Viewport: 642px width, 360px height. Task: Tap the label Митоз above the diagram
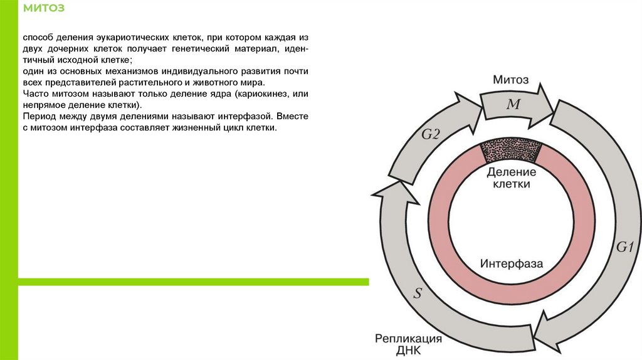pyautogui.click(x=510, y=80)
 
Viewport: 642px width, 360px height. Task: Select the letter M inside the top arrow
pyautogui.click(x=513, y=105)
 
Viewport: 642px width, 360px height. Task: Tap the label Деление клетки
pyautogui.click(x=511, y=178)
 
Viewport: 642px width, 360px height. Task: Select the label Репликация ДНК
pyautogui.click(x=409, y=344)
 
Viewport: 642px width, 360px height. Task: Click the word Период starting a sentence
pyautogui.click(x=39, y=117)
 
